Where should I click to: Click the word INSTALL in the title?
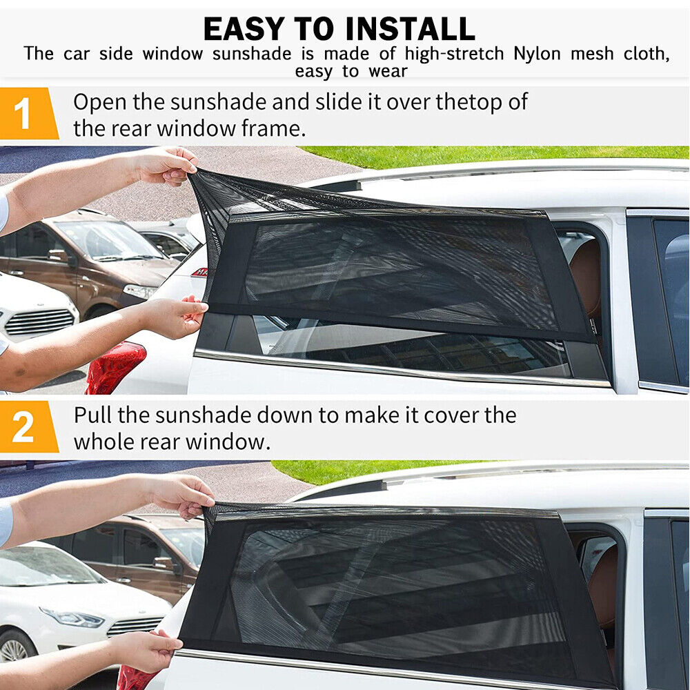click(x=410, y=29)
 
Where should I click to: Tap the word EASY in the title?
click(x=244, y=29)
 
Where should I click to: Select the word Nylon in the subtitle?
click(x=537, y=54)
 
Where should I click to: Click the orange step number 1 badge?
click(x=29, y=113)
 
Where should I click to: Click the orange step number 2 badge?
click(x=29, y=426)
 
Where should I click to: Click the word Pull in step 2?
click(x=92, y=415)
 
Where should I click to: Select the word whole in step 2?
click(x=104, y=442)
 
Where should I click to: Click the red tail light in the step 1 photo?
click(x=115, y=368)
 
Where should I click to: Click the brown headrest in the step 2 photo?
click(x=604, y=586)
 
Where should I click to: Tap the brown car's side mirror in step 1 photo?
click(x=59, y=256)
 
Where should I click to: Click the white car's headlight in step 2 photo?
click(x=72, y=618)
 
